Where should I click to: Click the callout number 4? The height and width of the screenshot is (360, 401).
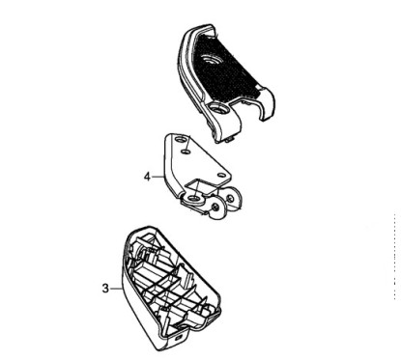(146, 177)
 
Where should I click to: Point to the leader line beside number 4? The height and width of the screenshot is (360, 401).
(159, 177)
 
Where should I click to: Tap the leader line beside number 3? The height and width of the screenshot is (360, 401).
(115, 287)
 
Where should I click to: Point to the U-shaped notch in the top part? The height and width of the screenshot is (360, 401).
(250, 117)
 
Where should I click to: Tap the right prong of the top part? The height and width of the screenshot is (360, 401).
(269, 111)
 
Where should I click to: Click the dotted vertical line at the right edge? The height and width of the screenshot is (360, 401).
(394, 280)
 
